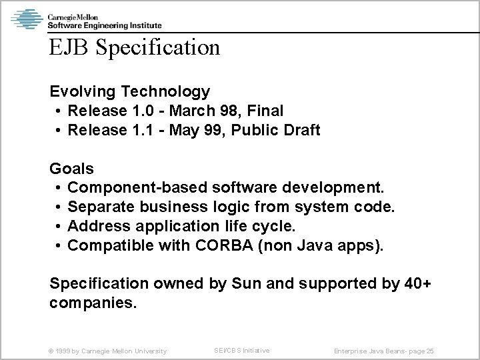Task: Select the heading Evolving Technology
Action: click(130, 91)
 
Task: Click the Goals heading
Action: click(72, 169)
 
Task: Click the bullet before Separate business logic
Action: click(59, 208)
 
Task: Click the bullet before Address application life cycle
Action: click(59, 227)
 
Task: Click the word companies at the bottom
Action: click(93, 304)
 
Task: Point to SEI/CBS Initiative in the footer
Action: click(241, 350)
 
